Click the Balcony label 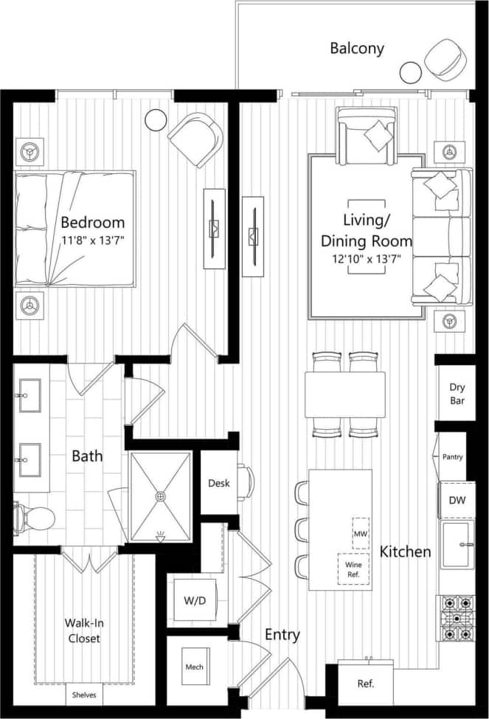357,49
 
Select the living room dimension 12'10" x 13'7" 367,259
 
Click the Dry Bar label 457,395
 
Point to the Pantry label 452,457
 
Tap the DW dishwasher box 457,501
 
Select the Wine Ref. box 353,569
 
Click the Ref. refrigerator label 366,684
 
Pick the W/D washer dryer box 195,601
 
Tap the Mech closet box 194,667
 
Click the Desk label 219,483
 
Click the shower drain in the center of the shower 161,496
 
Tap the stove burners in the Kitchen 457,618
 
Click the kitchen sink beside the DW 457,545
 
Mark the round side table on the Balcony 410,72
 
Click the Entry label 282,635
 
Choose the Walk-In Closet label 82,631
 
